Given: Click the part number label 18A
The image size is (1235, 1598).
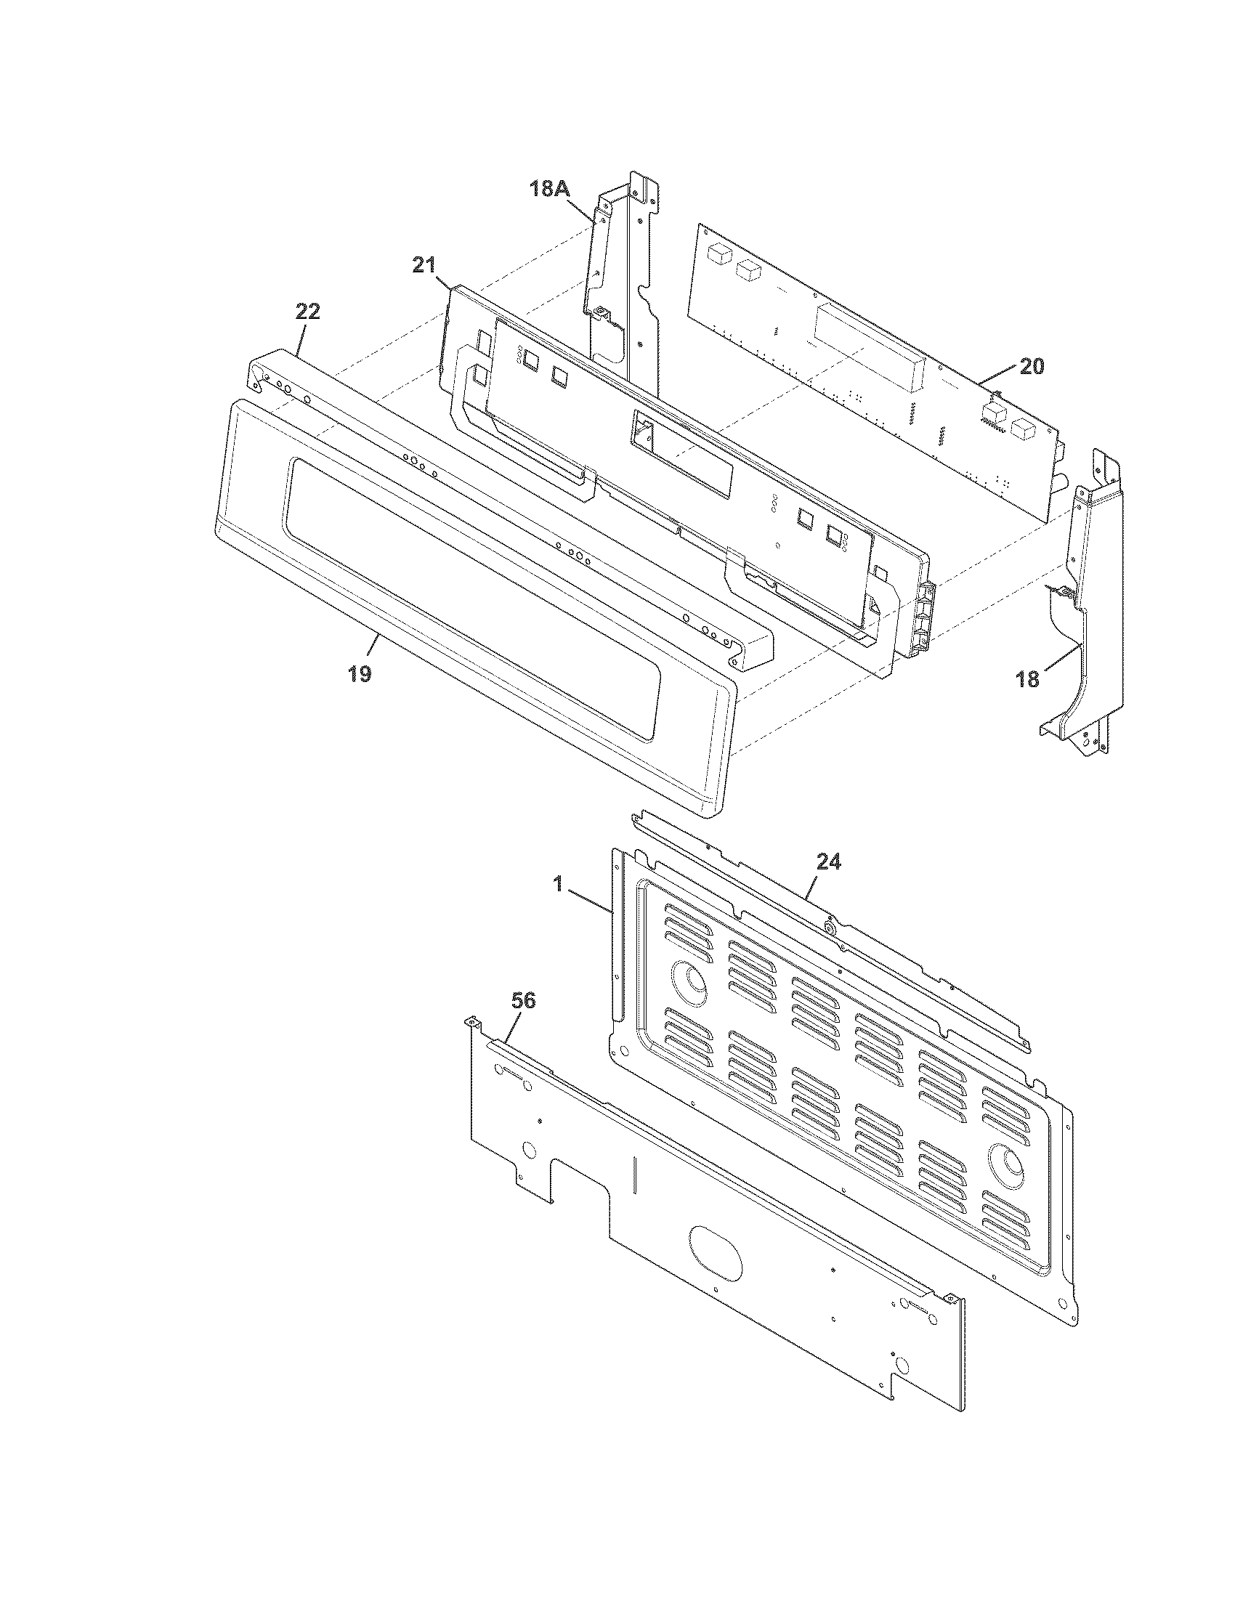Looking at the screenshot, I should (548, 189).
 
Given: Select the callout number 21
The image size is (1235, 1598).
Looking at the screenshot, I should (424, 266).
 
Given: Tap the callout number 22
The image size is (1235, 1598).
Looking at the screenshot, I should (307, 312).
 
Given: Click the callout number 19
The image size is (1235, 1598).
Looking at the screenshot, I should (359, 673).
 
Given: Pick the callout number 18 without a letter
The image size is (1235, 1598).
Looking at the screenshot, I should (1027, 680).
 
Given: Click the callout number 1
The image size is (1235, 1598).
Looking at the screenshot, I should (557, 885).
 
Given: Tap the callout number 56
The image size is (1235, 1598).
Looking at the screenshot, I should (523, 1001).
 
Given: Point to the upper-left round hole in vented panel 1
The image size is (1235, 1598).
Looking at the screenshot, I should (689, 981).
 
